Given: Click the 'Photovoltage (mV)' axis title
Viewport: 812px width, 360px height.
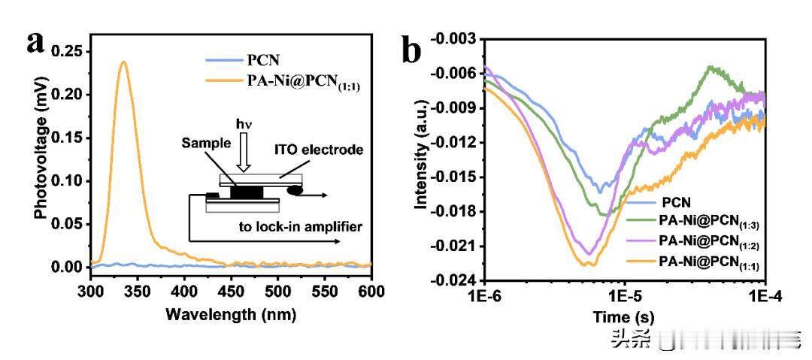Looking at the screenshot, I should click(x=44, y=157).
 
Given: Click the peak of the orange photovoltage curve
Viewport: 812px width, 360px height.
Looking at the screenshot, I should click(x=123, y=62).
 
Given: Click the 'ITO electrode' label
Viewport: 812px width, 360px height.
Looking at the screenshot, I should click(x=324, y=150).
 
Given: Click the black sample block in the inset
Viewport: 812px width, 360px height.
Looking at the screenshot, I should click(x=246, y=192).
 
